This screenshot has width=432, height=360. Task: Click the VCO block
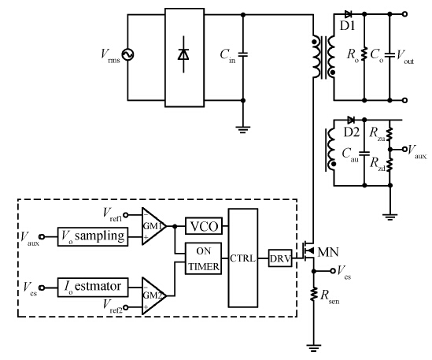204,226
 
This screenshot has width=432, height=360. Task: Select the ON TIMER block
203,258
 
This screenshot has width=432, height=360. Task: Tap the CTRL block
243,258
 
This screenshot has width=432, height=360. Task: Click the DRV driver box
280,258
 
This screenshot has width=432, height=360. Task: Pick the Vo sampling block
93,236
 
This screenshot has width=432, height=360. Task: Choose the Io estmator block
93,288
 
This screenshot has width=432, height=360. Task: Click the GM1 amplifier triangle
153,226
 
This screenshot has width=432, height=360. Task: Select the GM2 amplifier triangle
153,295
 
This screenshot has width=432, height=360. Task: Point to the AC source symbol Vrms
127,54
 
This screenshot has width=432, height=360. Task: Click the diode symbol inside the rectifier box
183,54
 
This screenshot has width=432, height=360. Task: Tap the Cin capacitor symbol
243,54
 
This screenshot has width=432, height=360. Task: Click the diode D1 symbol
349,14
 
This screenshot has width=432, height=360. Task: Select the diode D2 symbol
351,120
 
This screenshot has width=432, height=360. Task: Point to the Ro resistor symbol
364,54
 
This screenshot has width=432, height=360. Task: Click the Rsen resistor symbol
313,294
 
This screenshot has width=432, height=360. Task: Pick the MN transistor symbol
308,251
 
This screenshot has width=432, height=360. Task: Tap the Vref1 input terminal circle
125,215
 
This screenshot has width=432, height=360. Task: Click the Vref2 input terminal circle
125,307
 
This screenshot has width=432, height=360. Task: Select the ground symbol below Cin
243,129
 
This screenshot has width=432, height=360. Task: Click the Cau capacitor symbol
364,153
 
